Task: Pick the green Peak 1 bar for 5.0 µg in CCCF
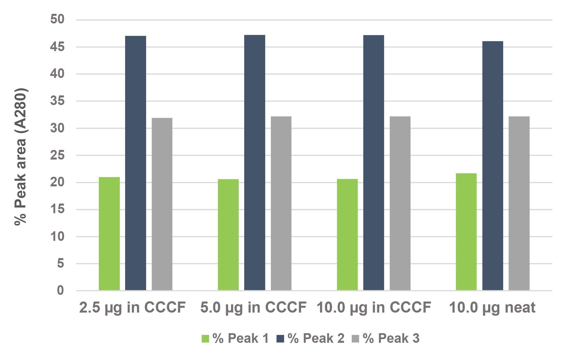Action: pos(228,235)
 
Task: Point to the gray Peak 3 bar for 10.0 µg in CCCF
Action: pos(400,203)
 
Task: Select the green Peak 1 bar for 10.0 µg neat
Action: pos(466,232)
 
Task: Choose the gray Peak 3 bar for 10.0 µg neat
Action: pos(519,203)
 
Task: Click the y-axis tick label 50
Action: pos(57,19)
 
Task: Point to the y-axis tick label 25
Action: pos(57,155)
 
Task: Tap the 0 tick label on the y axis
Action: pos(60,290)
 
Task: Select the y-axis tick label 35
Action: pos(57,101)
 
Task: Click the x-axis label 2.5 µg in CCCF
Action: pos(132,307)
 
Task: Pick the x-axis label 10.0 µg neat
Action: pos(492,307)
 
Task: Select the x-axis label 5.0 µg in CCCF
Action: pos(253,307)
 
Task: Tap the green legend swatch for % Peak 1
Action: pos(205,339)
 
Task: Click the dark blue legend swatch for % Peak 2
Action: pos(280,339)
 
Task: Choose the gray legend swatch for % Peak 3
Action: pos(355,339)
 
